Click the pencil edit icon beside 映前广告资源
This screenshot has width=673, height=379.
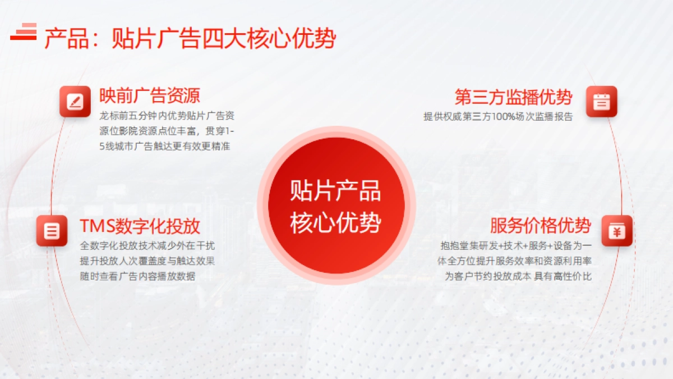pyautogui.click(x=75, y=102)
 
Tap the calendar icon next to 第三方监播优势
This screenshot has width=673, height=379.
pyautogui.click(x=601, y=102)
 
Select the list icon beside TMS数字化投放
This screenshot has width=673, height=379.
pyautogui.click(x=52, y=230)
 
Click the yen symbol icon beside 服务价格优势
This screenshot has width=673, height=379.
pyautogui.click(x=617, y=230)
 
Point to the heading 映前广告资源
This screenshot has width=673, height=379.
pyautogui.click(x=150, y=95)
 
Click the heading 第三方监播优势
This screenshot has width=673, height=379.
pyautogui.click(x=513, y=97)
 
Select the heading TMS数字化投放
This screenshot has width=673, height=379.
pyautogui.click(x=140, y=226)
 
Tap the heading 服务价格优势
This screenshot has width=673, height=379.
pyautogui.click(x=540, y=226)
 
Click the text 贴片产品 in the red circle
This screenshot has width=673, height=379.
pyautogui.click(x=335, y=191)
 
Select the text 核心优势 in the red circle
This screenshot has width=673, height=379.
pyautogui.click(x=335, y=223)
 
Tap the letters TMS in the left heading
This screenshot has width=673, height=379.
pyautogui.click(x=96, y=226)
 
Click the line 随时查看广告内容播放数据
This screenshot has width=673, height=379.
pyautogui.click(x=138, y=276)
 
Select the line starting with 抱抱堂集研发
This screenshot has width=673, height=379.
pyautogui.click(x=516, y=246)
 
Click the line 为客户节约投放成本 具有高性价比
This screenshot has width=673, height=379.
pyautogui.click(x=518, y=276)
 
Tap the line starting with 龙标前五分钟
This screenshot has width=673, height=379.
pyautogui.click(x=167, y=117)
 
